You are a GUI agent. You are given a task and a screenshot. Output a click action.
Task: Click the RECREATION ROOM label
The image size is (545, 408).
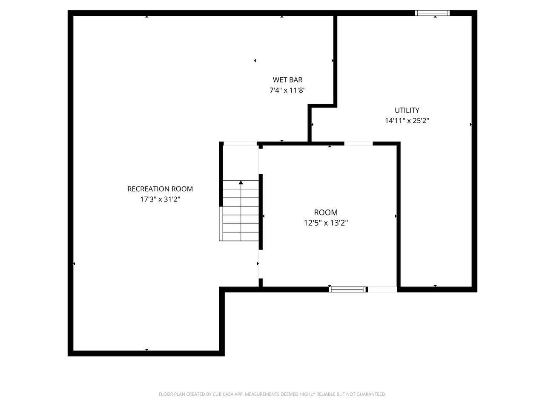click(x=160, y=189)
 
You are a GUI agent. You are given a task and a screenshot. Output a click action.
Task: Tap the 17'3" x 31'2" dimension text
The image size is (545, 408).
click(x=160, y=199)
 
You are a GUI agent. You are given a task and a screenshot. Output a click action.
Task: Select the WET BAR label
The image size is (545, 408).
click(x=287, y=80)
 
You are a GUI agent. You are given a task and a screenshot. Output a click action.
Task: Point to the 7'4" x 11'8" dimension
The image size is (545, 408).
click(x=287, y=91)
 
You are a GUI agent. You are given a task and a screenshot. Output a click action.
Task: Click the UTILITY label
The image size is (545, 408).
click(x=407, y=110)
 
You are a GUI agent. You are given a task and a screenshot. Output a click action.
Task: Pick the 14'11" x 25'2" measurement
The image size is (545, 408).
click(x=407, y=121)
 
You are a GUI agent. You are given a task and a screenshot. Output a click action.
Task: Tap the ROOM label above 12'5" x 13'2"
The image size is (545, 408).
click(x=326, y=212)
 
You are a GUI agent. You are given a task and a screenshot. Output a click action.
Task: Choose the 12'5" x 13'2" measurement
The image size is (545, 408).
click(x=326, y=223)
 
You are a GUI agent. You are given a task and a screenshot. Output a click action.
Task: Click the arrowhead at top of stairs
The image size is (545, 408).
click(x=241, y=183)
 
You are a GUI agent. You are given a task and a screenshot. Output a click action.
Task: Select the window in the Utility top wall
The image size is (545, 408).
click(x=432, y=13)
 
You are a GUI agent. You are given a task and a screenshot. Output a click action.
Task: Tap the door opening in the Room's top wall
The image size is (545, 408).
click(x=358, y=144)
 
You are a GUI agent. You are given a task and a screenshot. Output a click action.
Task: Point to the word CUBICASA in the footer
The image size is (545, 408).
click(x=222, y=394)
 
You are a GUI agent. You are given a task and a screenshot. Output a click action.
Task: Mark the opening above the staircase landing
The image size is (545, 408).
click(x=240, y=144)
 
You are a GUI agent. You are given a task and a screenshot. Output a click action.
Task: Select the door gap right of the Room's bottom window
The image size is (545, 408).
click(x=382, y=289)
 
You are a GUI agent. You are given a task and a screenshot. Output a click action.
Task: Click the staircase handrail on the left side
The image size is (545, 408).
click(x=221, y=224)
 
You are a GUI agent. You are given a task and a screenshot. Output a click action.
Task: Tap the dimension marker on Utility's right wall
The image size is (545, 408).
click(x=471, y=125)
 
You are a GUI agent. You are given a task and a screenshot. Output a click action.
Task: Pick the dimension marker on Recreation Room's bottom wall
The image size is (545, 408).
click(x=147, y=350)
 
